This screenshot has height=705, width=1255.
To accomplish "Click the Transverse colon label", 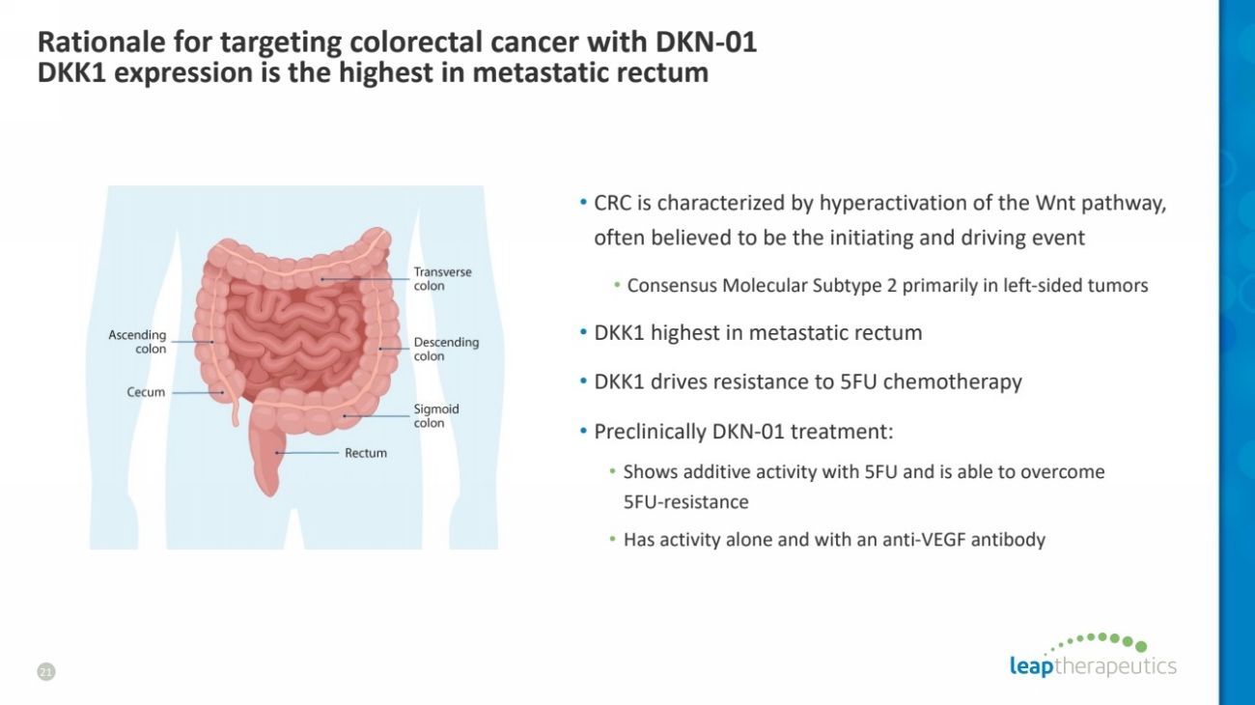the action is coord(442,278).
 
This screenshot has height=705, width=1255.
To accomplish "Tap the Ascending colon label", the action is coord(137,341).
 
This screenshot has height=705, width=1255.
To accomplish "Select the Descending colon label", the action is coord(446,349).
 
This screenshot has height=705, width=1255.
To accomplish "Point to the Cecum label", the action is coord(146,392).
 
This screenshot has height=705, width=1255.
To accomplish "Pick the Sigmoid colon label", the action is coord(436,416).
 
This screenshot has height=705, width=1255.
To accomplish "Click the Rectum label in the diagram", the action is coord(365,453).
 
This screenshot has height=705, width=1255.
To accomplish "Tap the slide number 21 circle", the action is coord(46,671).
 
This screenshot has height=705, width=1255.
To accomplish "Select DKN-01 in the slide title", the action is coord(706,42).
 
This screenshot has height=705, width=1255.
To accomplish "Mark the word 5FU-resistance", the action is coord(685,501).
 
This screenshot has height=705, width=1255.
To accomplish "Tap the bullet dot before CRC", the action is coord(583,202).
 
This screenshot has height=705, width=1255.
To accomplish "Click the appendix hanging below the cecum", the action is coord(236,410).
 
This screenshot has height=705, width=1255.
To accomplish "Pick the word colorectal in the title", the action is coord(408,42).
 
